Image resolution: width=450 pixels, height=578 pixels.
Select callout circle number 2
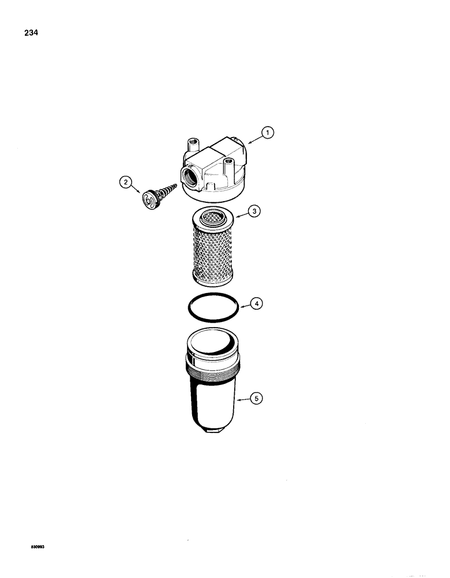[125, 183]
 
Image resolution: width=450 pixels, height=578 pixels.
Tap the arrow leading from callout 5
[243, 398]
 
